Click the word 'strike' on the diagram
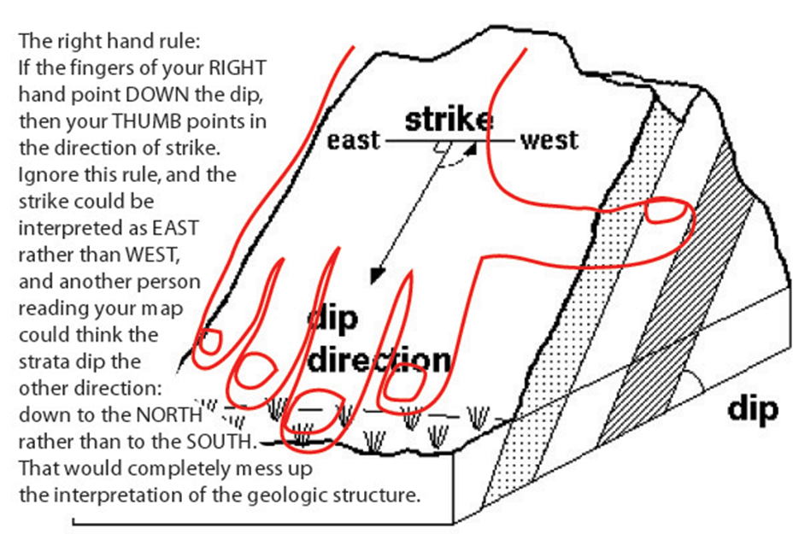coord(449,120)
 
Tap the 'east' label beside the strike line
coord(353,139)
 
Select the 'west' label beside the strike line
coord(549,139)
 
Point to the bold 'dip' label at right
coord(753,409)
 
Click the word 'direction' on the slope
coord(379,360)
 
